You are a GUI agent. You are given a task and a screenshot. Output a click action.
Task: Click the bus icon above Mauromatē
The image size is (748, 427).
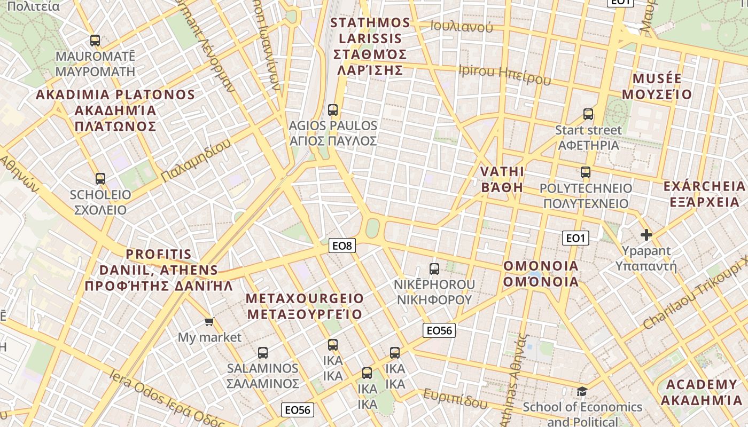coord(95,40)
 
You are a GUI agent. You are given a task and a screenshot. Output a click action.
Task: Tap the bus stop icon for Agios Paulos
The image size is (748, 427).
coord(333,110)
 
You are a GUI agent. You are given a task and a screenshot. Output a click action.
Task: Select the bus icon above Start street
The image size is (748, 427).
coord(588,114)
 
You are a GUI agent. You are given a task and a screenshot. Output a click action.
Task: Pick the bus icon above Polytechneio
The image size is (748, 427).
coord(586,172)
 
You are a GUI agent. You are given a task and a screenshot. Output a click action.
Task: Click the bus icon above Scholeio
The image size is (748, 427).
coord(100,178)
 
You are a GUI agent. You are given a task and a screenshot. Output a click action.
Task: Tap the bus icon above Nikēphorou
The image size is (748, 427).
coord(434,268)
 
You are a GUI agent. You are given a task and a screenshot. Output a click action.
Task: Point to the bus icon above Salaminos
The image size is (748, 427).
coord(262,352)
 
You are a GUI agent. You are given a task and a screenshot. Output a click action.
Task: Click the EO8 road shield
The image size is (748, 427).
coord(342,246)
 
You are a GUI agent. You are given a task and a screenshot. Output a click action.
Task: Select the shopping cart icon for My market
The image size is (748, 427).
coord(209,321)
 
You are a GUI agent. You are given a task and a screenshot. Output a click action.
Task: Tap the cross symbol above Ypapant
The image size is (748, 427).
coord(646,234)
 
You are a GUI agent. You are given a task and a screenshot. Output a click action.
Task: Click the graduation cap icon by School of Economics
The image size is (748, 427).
coord(582,391)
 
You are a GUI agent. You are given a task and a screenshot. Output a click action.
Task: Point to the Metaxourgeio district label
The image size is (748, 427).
coord(305,306)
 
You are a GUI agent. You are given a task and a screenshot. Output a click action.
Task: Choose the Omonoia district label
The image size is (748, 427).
coord(541,273)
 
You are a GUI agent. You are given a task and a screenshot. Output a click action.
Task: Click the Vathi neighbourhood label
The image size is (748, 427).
coord(502,179)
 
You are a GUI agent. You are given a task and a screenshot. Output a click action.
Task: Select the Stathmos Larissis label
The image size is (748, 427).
coord(370,46)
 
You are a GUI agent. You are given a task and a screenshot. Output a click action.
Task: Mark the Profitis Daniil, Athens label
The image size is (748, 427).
coord(159,270)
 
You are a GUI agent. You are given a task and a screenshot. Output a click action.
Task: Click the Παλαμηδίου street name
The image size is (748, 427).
coord(196,160)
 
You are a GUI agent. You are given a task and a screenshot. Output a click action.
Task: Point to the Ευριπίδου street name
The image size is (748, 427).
coord(456,399)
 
